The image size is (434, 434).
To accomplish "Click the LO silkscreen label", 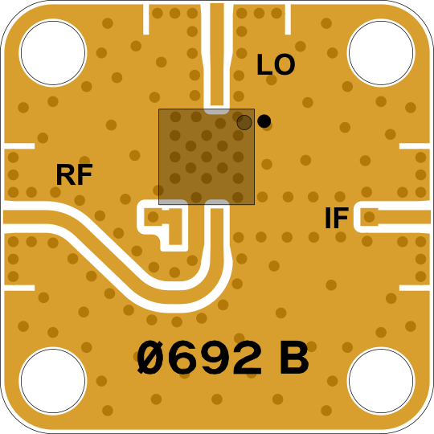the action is point(276,64).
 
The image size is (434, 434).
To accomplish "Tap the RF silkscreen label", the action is point(74,174).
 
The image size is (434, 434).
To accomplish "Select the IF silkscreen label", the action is point(337,218).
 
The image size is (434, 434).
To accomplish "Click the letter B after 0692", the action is point(294,358).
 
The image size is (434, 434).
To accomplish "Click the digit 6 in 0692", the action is point(183,358).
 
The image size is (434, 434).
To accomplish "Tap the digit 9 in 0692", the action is point(216,358).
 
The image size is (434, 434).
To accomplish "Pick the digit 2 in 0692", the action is point(248,358).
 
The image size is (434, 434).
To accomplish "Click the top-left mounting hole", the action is point(53,52).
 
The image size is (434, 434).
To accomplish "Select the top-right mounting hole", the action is point(381,52).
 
